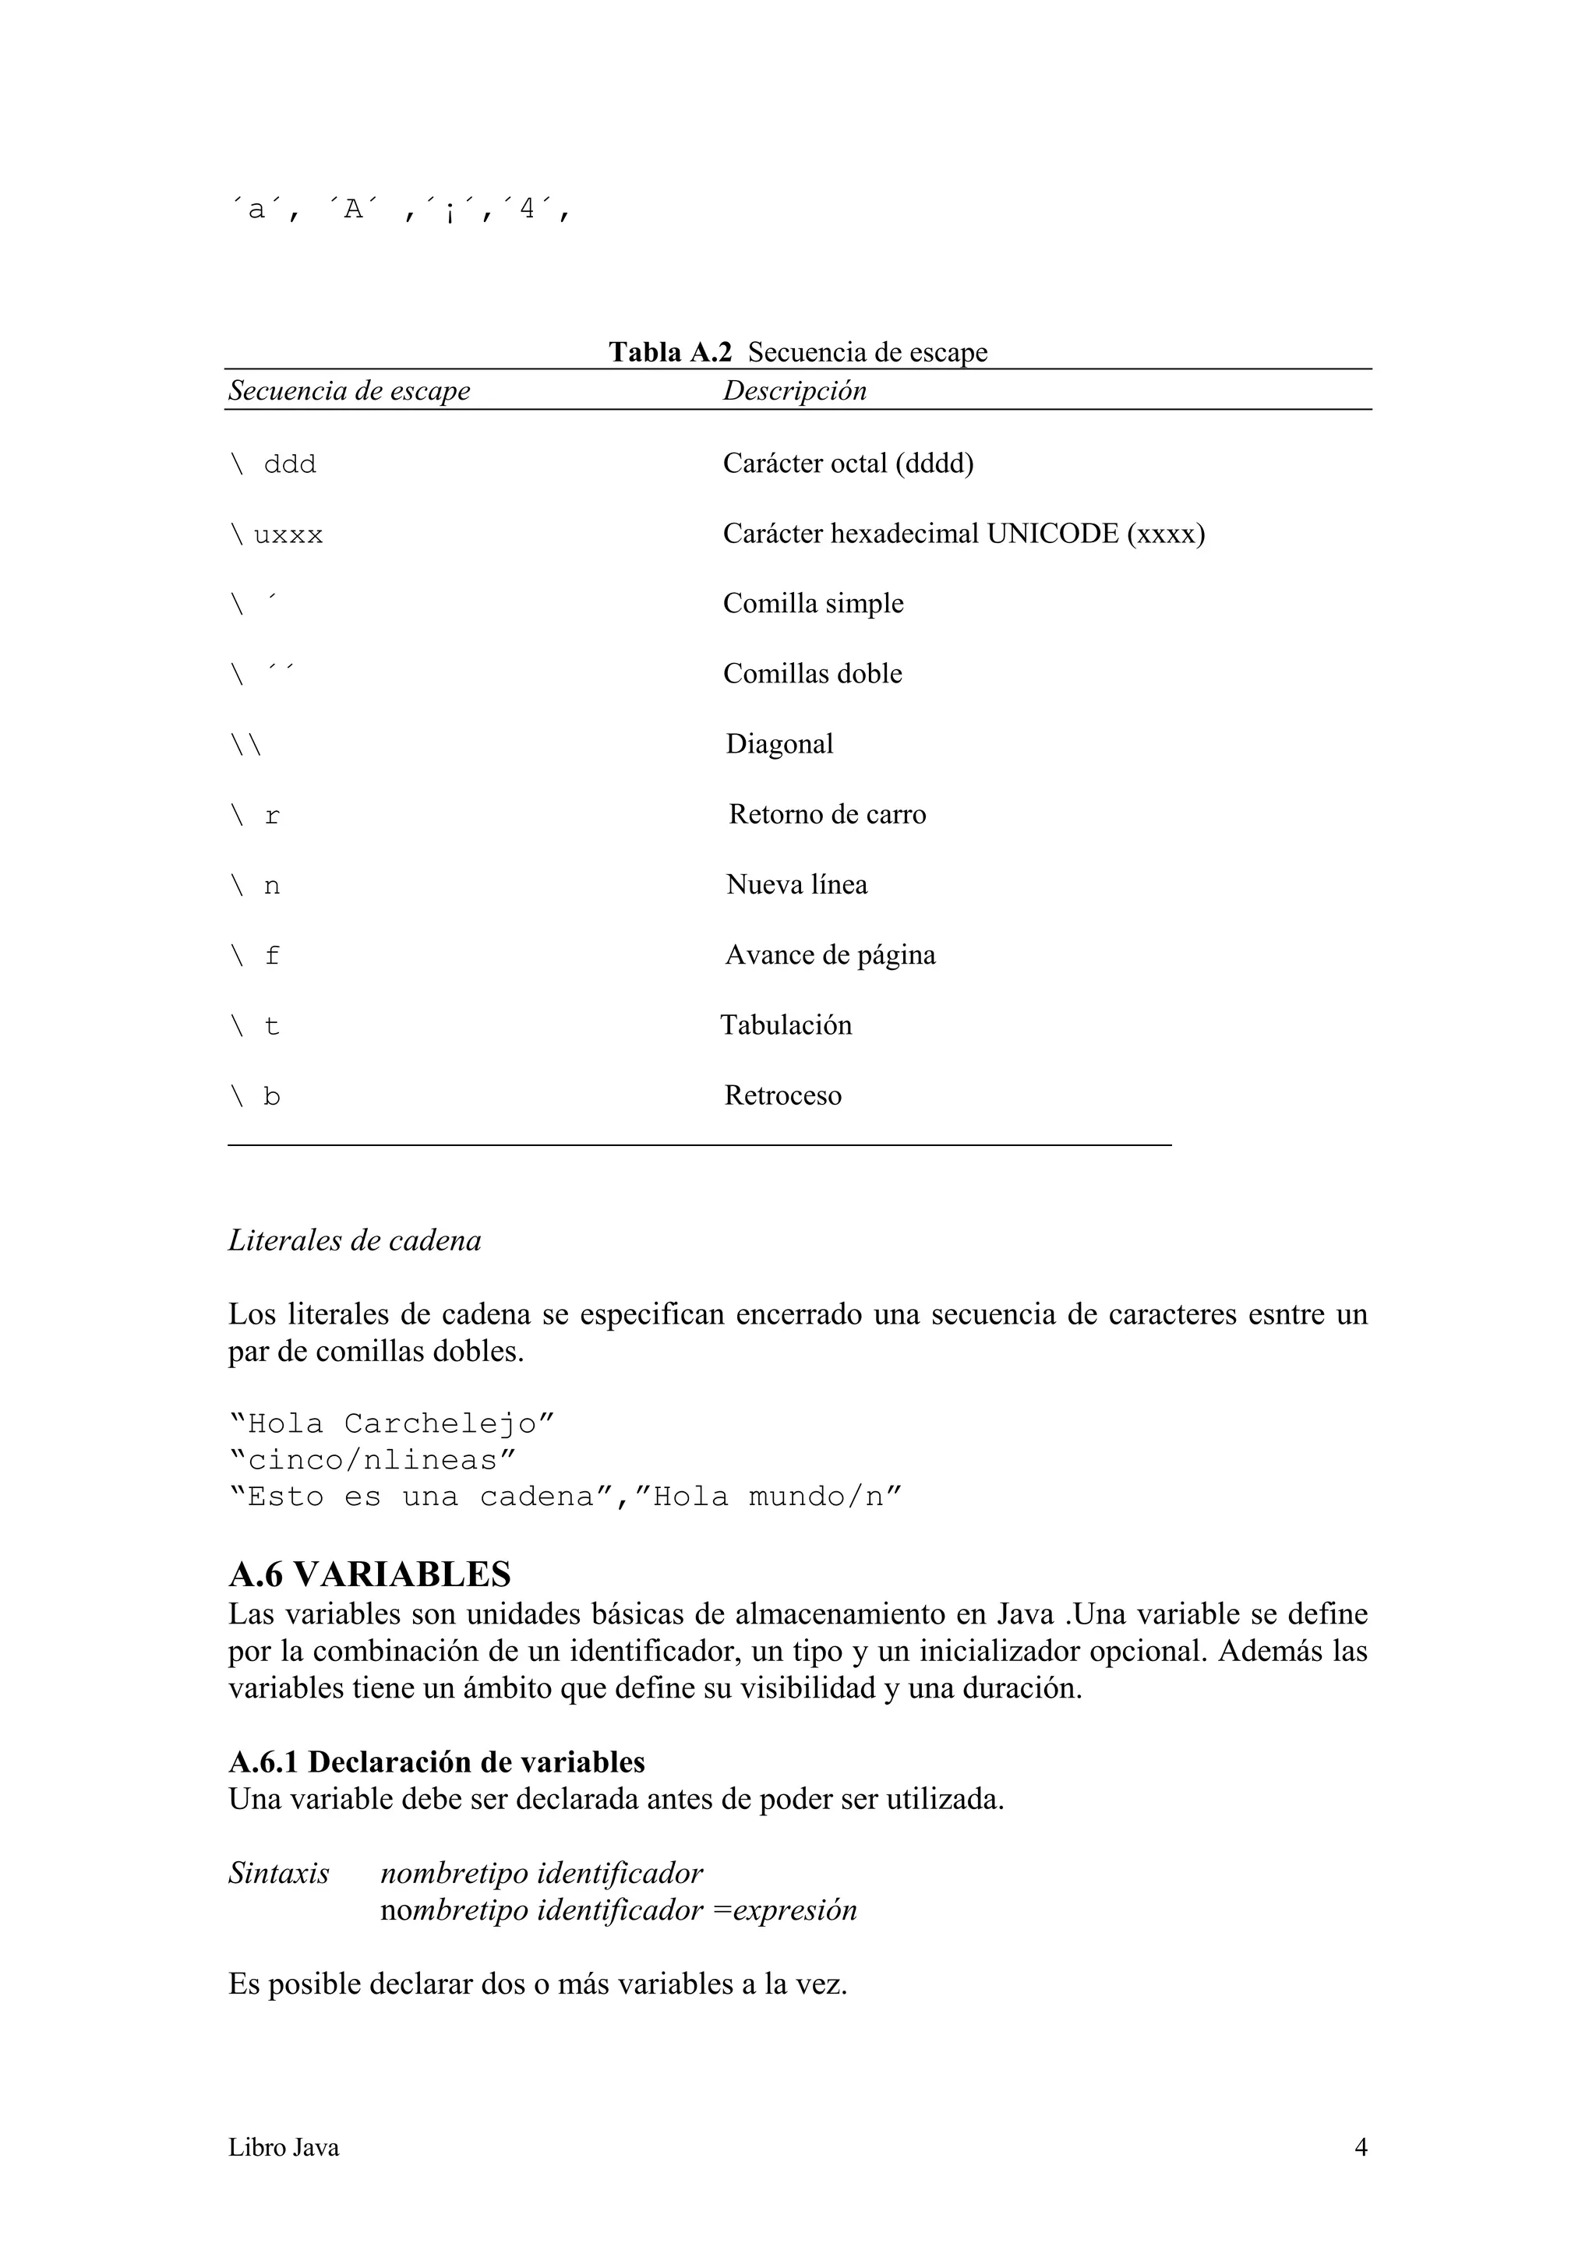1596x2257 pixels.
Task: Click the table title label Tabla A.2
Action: coord(669,352)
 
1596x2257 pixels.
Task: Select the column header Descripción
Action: coord(795,390)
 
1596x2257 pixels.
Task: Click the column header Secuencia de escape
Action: coord(349,390)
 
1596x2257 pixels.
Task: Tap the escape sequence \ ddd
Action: coord(273,464)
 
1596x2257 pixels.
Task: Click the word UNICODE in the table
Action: coord(1052,534)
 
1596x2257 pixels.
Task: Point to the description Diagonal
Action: coord(779,744)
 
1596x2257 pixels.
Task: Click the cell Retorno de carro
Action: coord(826,815)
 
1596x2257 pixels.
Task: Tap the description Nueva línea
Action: coord(796,885)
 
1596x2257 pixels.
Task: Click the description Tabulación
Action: coord(786,1025)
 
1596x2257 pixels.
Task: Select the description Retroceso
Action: coord(782,1096)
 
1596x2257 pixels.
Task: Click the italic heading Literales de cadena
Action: coord(354,1240)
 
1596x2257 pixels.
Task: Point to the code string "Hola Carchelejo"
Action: coord(391,1423)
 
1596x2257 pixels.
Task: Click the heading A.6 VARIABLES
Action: coord(369,1575)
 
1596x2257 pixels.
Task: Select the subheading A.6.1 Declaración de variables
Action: coord(436,1762)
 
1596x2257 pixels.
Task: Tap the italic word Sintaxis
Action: coord(278,1874)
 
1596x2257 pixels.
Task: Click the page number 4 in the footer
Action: coord(1360,2147)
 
